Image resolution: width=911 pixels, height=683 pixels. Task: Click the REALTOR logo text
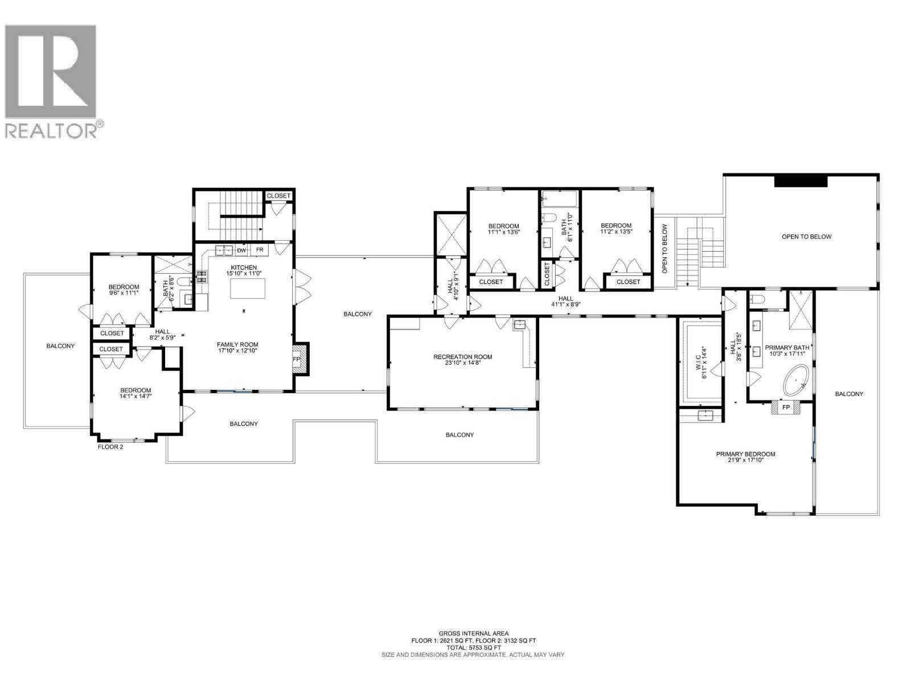(54, 130)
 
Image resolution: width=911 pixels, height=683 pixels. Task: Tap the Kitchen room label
(244, 268)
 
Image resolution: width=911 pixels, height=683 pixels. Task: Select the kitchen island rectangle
(248, 289)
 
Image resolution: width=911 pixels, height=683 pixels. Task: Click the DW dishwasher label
(241, 250)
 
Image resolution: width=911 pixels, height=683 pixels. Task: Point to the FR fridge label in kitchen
(259, 250)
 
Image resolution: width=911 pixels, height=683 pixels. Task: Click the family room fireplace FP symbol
(297, 360)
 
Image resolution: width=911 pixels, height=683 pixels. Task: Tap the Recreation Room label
(462, 357)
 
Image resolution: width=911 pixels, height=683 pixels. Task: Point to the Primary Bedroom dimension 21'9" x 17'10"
(745, 460)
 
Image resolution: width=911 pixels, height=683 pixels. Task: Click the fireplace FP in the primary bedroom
(786, 408)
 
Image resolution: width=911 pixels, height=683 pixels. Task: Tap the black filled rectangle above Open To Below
(801, 181)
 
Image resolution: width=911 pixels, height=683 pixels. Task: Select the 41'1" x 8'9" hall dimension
(565, 305)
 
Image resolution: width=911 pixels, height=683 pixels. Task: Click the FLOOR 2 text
(110, 447)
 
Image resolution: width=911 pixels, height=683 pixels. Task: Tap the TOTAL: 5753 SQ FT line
(473, 647)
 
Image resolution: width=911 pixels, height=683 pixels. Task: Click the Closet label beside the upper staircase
(278, 195)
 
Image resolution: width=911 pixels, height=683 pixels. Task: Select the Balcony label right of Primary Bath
(849, 394)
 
